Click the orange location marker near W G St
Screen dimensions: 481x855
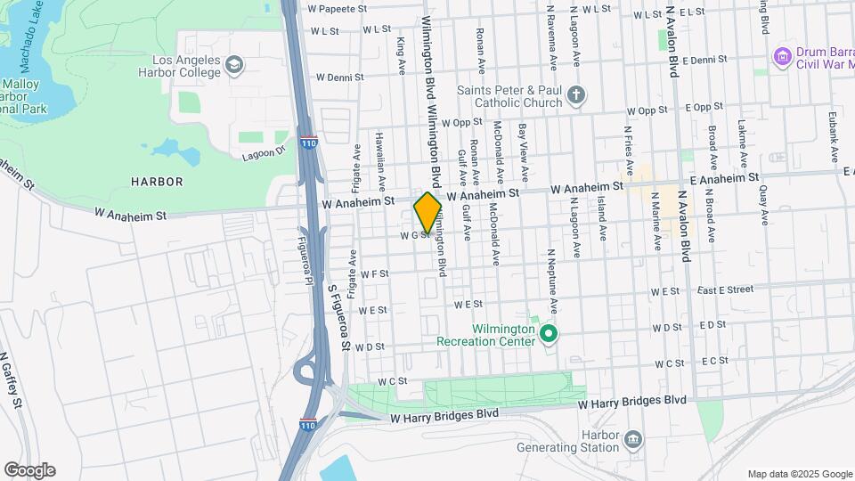pos(427,213)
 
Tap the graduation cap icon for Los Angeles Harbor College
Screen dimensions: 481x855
pos(233,64)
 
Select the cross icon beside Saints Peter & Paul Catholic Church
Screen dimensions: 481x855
pos(576,95)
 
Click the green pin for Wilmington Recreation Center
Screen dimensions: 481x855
pos(549,334)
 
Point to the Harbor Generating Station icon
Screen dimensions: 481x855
pos(632,438)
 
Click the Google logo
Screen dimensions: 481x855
pos(29,470)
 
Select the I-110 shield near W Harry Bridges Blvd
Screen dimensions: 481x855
pos(308,424)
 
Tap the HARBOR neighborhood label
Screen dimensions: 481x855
pos(157,182)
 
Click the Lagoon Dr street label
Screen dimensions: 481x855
pos(262,153)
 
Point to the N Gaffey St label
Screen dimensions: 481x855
pos(11,379)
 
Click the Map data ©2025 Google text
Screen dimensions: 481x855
pos(798,474)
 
